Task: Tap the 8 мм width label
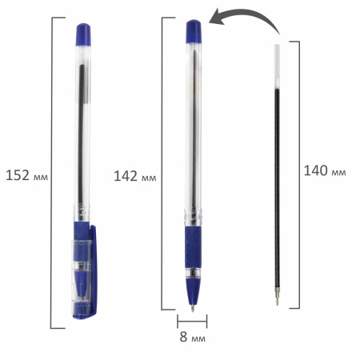(192, 339)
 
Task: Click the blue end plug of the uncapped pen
(193, 30)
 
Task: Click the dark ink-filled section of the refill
(278, 176)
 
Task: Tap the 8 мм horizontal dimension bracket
(192, 321)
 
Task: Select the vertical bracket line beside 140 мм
(301, 172)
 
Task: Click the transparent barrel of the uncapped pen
(193, 128)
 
